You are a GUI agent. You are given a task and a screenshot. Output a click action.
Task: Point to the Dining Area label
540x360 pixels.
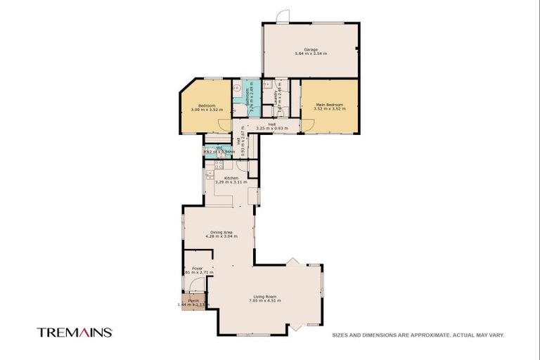click(221, 232)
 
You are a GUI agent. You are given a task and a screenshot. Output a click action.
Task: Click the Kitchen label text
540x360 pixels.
click(231, 178)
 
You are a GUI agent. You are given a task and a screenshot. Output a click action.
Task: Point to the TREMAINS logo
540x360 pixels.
click(75, 333)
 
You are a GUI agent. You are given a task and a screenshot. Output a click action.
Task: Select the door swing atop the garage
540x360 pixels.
click(282, 16)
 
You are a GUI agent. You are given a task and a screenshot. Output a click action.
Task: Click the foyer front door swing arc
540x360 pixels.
click(199, 284)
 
